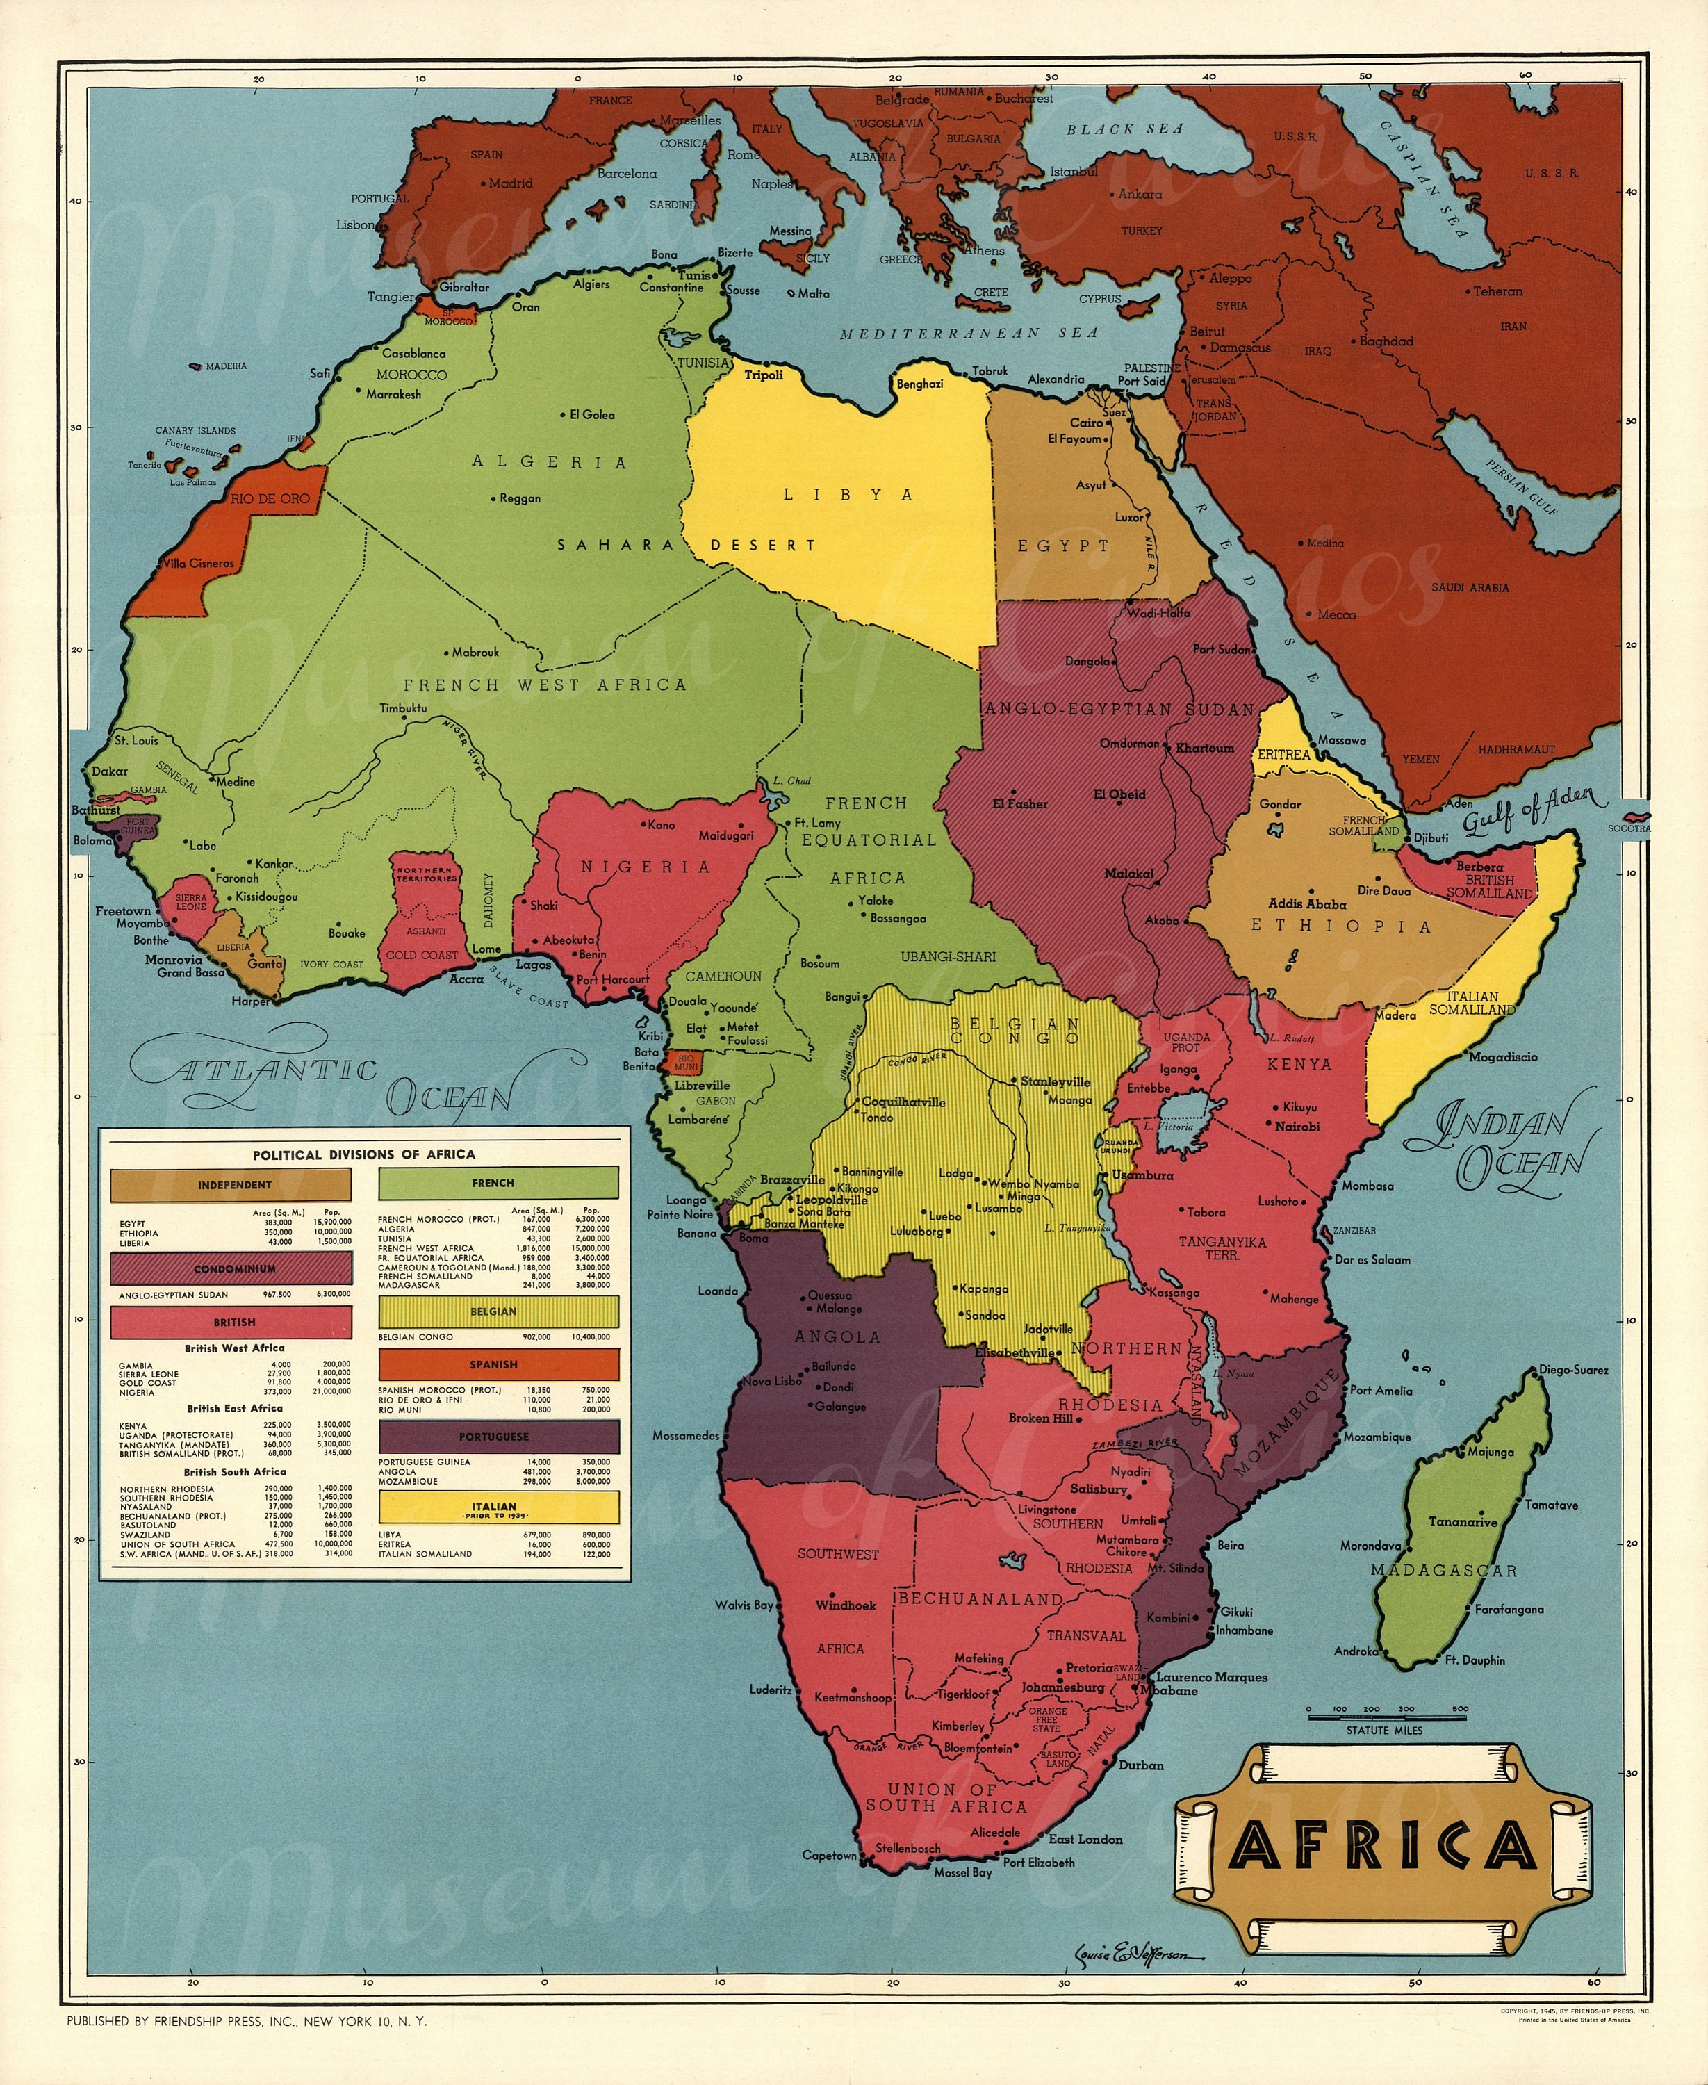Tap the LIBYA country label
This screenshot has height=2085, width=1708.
coord(848,495)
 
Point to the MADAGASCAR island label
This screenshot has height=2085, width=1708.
coord(1443,1571)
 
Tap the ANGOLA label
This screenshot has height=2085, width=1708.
coord(837,1336)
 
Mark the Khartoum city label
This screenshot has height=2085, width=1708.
coord(1204,748)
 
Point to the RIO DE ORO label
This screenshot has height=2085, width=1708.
coord(270,499)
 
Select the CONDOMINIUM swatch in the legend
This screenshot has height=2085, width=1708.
coord(234,1269)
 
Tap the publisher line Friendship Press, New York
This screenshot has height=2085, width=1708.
coord(247,2021)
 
